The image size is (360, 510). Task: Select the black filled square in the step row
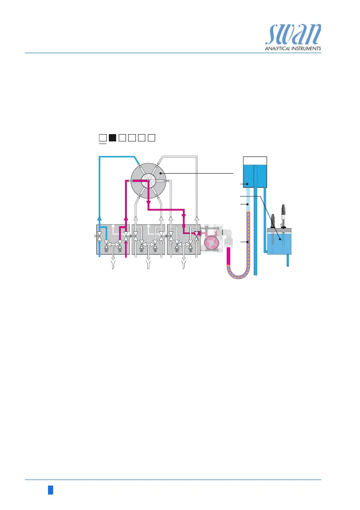tap(112, 138)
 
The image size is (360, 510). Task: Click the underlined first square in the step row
tap(102, 138)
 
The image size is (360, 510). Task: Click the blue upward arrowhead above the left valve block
tap(99, 219)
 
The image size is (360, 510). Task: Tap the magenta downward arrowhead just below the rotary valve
tap(148, 203)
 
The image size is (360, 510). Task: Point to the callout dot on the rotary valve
tap(160, 173)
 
